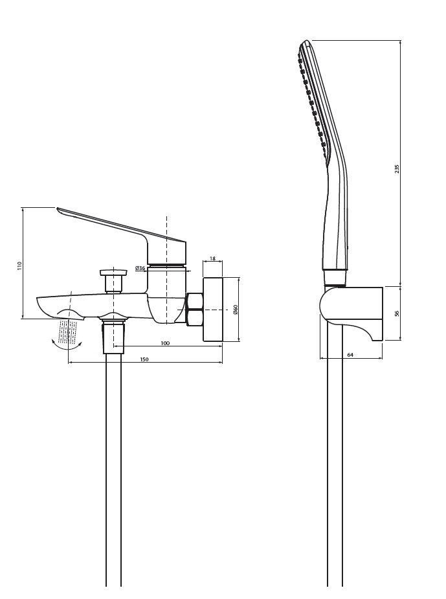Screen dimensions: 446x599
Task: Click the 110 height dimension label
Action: pos(19,266)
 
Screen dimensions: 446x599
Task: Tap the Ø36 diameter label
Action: pos(140,268)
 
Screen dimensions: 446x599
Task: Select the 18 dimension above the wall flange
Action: pos(212,258)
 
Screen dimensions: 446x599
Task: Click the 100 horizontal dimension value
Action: pos(165,343)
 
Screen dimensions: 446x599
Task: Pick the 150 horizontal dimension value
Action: pos(144,359)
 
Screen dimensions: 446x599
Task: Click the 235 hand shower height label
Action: pos(396,169)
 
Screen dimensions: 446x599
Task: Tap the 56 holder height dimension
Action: pos(396,313)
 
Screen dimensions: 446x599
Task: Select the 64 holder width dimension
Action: pos(350,355)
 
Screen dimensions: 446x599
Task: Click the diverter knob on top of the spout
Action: pos(113,280)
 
